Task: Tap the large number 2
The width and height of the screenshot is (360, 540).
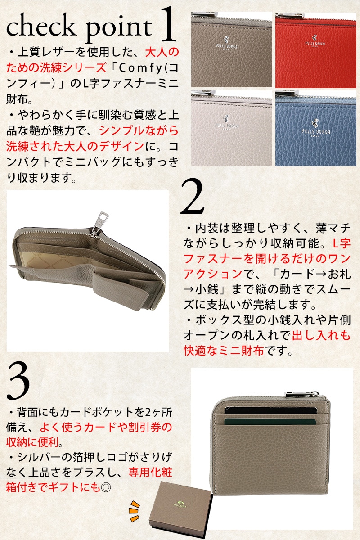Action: [x=193, y=197]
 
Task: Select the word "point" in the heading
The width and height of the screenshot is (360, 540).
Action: [x=119, y=28]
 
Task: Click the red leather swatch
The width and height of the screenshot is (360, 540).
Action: [x=315, y=50]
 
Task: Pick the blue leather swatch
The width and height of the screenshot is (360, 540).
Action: [x=315, y=129]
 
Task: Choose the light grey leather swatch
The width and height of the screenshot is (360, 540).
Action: [x=231, y=129]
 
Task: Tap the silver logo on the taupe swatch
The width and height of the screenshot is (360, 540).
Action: [x=226, y=43]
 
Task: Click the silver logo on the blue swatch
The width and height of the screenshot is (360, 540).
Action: [x=316, y=129]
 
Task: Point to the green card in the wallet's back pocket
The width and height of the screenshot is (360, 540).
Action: [x=270, y=422]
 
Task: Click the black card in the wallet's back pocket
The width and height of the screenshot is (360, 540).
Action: [x=270, y=410]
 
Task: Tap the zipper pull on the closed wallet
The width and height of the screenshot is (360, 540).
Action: [x=302, y=394]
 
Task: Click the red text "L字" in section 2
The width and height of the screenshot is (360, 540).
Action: [x=342, y=243]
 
